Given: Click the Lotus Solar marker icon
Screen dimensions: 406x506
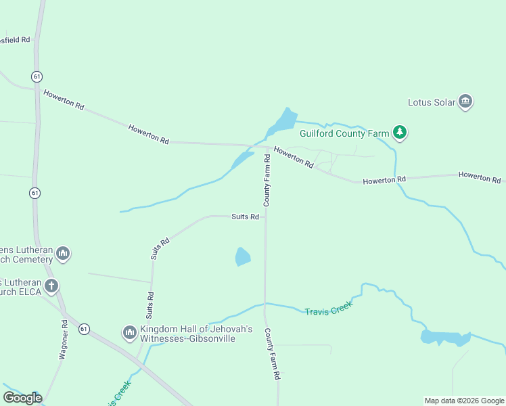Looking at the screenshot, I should click(465, 102).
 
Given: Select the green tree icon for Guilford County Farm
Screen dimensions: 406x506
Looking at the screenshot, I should click(400, 133).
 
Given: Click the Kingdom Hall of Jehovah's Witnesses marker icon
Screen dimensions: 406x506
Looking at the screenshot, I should click(129, 332).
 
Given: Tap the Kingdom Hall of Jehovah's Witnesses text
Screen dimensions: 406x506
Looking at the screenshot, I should click(187, 334).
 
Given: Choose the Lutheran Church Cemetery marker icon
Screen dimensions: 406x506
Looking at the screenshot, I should click(63, 254).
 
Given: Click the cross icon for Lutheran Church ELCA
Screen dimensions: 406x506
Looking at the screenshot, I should click(51, 286).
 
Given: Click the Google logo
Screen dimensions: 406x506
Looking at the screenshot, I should click(22, 398).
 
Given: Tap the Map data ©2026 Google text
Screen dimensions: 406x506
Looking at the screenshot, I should click(463, 401).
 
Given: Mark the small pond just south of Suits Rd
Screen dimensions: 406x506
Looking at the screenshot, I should click(242, 256).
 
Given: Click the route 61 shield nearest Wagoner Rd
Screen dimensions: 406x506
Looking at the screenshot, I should click(83, 328).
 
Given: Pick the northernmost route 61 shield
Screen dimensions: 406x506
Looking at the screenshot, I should click(37, 76).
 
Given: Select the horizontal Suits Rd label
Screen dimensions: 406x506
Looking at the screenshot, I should click(246, 217).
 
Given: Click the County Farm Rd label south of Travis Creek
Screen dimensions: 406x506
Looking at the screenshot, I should click(272, 354).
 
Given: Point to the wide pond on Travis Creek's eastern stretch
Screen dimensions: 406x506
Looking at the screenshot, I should click(444, 337).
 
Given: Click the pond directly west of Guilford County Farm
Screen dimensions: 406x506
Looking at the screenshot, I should click(282, 120).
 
